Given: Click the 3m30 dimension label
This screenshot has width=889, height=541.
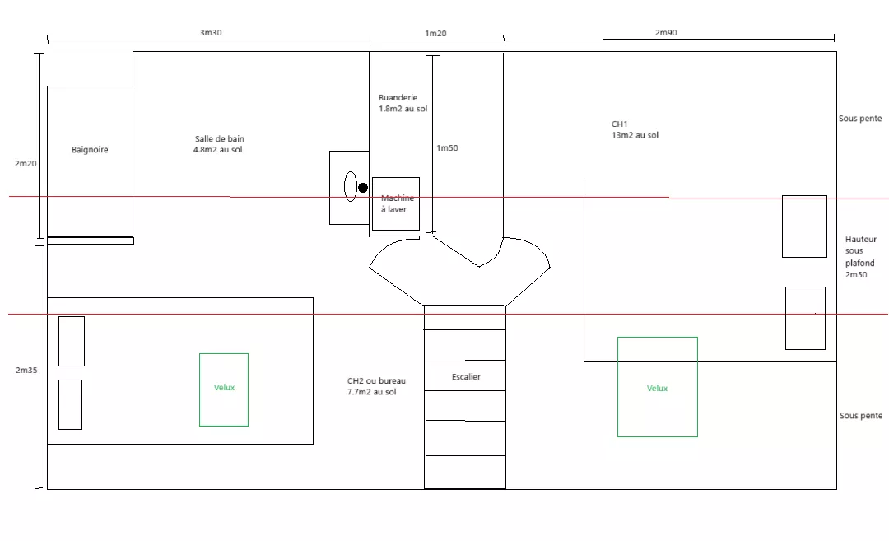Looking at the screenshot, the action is [211, 33].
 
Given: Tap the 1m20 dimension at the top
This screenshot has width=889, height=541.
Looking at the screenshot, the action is [435, 34].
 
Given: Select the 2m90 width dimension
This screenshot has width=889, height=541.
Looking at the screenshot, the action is [666, 33].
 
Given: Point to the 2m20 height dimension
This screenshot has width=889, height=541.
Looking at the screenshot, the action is [26, 163].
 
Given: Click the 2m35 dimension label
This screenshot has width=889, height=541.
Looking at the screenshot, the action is [26, 370].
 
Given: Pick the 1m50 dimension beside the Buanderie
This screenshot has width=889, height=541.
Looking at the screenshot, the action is [447, 148].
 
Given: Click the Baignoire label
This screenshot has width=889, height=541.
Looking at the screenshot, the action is [90, 150].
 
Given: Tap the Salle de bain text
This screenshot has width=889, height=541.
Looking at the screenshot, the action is [219, 138].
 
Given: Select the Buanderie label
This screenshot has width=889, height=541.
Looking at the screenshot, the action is [398, 97].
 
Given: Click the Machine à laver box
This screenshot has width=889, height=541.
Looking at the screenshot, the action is [396, 203].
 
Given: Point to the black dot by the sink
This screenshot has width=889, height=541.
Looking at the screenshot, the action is [363, 188].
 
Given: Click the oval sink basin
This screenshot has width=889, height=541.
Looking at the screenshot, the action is [351, 186].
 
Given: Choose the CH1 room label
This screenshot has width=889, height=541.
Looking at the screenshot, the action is [619, 124].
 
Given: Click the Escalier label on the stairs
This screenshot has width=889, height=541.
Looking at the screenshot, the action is [466, 376].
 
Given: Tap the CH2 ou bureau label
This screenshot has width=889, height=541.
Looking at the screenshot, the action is [376, 381].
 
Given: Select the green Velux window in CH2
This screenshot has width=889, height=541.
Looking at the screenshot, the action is [224, 389].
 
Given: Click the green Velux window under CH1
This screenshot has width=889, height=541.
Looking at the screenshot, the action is [658, 387].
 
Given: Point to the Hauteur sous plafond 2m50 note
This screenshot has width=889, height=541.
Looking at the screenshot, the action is [861, 257].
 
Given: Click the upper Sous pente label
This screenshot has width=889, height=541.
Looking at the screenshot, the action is [860, 119].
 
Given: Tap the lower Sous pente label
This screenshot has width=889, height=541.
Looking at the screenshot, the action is [861, 416].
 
